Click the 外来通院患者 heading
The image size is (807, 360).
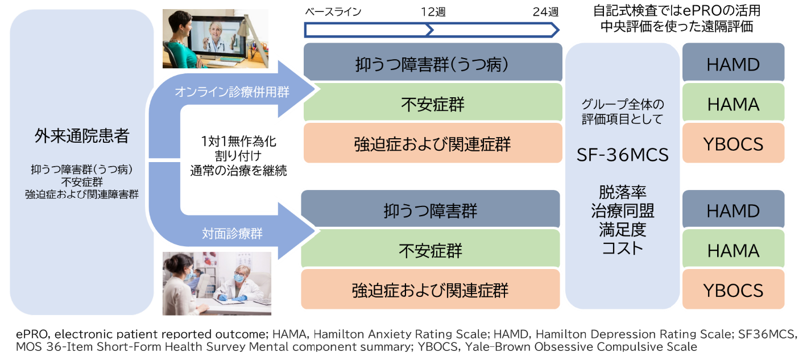pos(82,136)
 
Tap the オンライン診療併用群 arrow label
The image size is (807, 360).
pos(232,92)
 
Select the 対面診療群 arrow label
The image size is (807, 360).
pos(232,234)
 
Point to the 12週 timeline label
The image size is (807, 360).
pos(433,12)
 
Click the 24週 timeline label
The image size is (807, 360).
pos(545,12)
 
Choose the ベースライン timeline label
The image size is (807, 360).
pos(333,12)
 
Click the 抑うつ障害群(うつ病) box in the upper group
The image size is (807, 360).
pos(433,62)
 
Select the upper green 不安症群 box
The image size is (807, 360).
pos(433,102)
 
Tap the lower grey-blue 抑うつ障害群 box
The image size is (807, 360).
pos(431,209)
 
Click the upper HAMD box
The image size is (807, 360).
pos(733,62)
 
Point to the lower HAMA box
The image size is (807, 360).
pos(733,249)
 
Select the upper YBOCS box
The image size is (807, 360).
pos(733,143)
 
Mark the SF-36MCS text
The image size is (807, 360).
pos(622,155)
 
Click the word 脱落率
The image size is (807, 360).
pos(622,192)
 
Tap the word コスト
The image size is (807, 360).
pos(622,249)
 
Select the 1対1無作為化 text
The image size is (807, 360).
pos(238,141)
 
